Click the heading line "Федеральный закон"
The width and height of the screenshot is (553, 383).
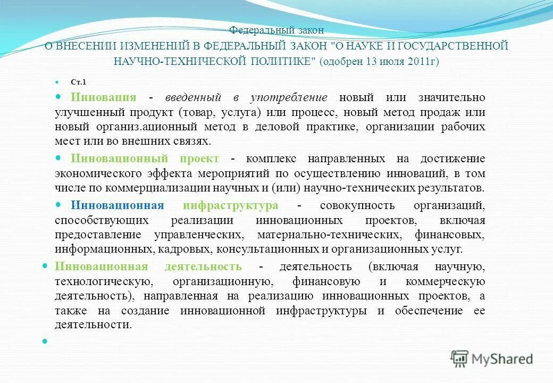[x=276, y=31]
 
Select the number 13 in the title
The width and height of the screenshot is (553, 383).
[x=371, y=61]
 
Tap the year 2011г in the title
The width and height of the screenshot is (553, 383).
[x=422, y=61]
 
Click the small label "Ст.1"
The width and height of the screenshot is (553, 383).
[x=78, y=82]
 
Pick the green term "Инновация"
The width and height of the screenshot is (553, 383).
[x=104, y=97]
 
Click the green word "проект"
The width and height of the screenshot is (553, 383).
[x=199, y=159]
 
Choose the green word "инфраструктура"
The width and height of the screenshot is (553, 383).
[x=230, y=205]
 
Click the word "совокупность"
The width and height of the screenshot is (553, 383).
[x=354, y=205]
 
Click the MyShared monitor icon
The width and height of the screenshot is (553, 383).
[x=459, y=359]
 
